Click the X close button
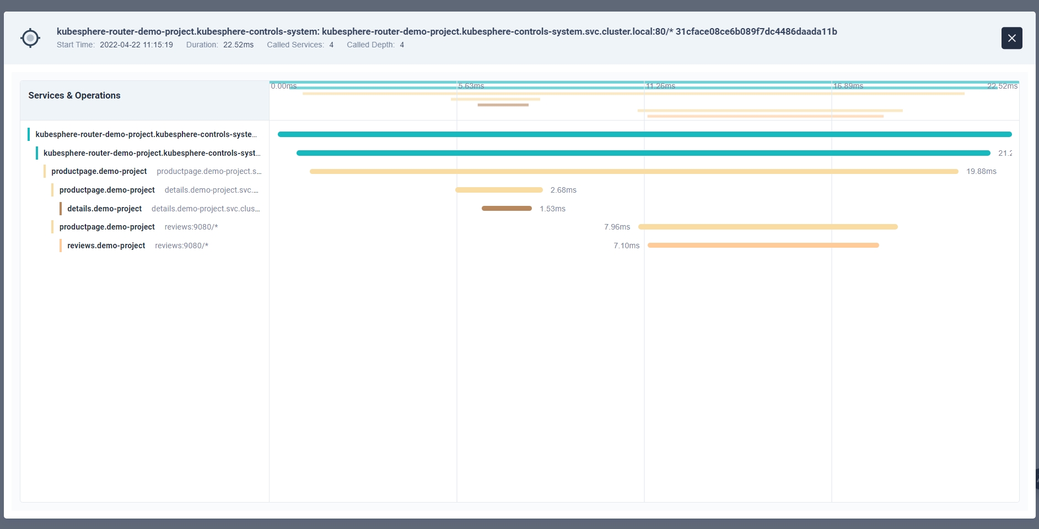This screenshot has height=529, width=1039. point(1011,38)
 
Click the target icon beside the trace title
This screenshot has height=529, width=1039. point(30,38)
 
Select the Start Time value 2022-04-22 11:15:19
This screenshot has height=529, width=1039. point(136,45)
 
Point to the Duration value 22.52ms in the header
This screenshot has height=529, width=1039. point(238,45)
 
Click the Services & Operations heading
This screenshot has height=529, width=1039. point(74,95)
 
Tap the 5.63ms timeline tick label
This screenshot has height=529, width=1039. point(471,86)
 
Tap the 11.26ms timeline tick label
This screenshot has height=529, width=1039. point(660,86)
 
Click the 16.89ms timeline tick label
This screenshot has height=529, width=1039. point(848,86)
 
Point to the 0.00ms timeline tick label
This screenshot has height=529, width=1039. point(283,86)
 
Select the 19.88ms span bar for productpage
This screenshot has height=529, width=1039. point(634,172)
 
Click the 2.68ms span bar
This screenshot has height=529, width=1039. point(499,190)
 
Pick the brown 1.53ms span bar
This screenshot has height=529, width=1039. point(507,209)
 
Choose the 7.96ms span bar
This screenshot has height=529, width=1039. point(768,227)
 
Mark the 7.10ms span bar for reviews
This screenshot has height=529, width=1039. point(763,246)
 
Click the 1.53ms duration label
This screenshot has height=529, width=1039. point(552,209)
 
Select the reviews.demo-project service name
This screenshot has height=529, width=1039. point(106,246)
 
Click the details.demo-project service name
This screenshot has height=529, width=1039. point(104,209)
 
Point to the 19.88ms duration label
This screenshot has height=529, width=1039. point(981,171)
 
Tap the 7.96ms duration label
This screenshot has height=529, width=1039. point(617,227)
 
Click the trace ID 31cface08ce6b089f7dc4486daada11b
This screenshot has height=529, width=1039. point(756,31)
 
